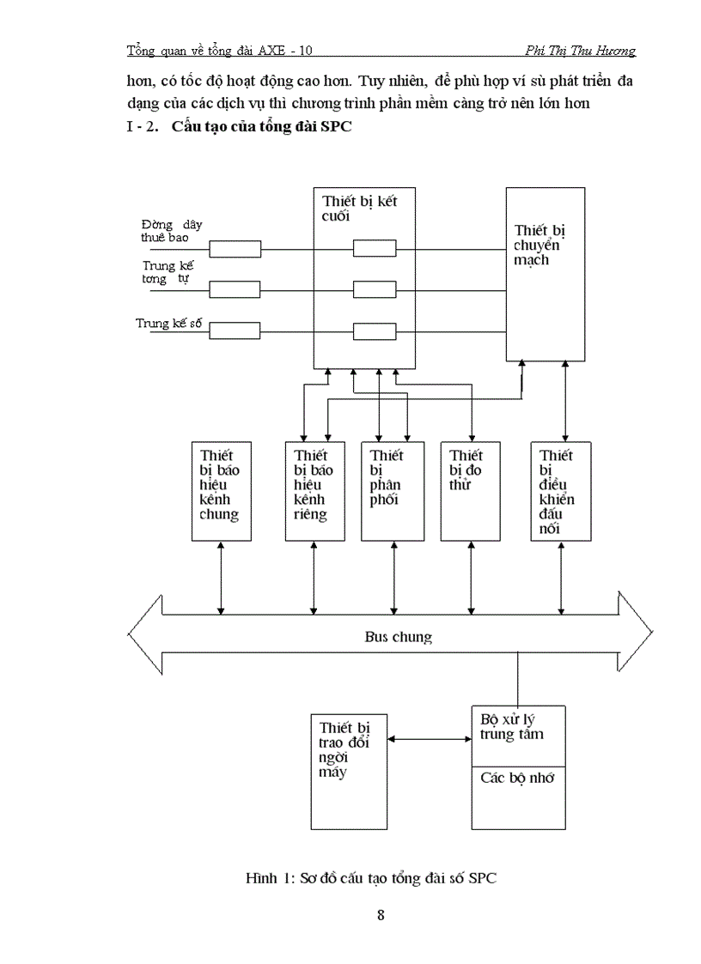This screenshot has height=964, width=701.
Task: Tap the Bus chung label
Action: point(395,637)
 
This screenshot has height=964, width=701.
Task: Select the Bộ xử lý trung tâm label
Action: point(513,725)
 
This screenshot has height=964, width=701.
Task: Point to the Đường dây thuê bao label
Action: point(173,230)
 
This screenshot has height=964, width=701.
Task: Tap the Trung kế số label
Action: point(169,324)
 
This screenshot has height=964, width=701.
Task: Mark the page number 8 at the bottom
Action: point(381,914)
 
